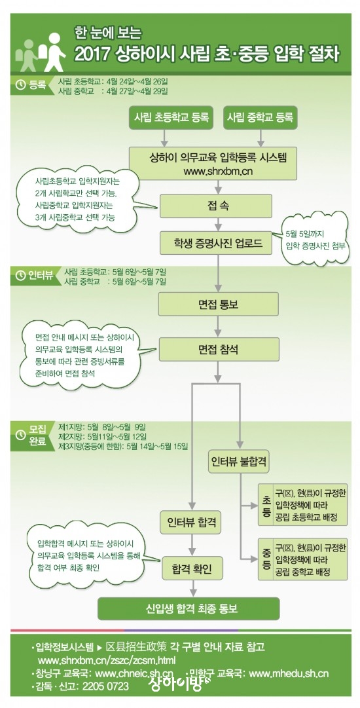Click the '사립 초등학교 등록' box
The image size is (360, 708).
click(x=171, y=117)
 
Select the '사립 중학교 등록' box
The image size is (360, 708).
click(x=260, y=117)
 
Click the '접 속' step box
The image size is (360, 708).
click(x=215, y=206)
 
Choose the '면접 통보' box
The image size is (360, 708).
click(x=218, y=304)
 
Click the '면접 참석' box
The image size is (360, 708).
click(x=218, y=349)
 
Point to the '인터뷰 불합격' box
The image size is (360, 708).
click(x=239, y=462)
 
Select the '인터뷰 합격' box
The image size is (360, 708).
click(x=192, y=522)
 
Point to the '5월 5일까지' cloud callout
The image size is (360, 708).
click(x=315, y=239)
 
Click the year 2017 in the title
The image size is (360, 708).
click(x=92, y=54)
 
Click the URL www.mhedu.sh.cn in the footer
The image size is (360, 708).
click(x=288, y=674)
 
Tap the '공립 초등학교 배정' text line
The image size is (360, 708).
click(x=306, y=517)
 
